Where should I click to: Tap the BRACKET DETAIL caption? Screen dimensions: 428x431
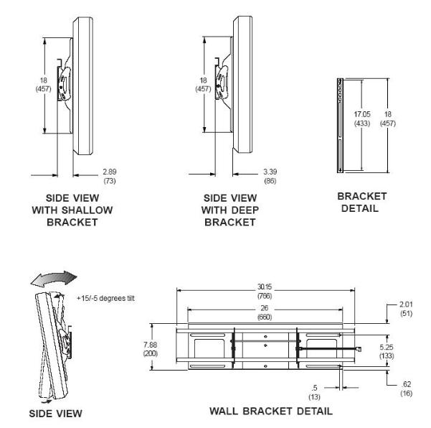click(x=361, y=202)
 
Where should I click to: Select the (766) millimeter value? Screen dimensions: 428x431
click(x=265, y=294)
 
